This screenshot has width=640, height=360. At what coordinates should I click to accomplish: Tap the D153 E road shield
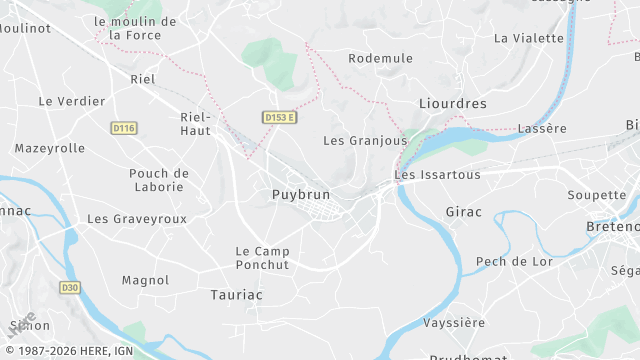tap(281, 118)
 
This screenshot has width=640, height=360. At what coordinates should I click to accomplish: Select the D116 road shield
tap(124, 128)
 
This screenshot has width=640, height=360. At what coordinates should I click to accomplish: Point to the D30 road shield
tap(69, 288)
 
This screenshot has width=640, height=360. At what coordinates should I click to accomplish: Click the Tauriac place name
tap(237, 295)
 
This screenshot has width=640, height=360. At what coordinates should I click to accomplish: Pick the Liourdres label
tap(452, 103)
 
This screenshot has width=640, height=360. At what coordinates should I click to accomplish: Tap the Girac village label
tap(463, 212)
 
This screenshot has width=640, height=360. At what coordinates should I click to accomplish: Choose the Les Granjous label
tap(365, 141)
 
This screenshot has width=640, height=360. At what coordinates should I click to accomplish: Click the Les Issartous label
tap(438, 175)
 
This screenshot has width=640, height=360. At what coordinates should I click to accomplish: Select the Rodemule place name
tap(380, 59)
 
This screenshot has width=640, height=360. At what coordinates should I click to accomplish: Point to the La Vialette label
tap(529, 38)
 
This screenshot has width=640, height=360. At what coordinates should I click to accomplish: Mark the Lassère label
tap(542, 129)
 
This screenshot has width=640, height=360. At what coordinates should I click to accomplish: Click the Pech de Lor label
tap(514, 262)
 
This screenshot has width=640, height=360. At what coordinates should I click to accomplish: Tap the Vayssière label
tap(454, 323)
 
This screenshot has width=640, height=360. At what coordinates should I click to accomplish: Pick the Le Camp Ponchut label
tap(262, 258)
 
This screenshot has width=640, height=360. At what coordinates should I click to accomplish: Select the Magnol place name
tap(145, 281)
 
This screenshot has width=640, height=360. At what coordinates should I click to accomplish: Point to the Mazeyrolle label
tap(49, 148)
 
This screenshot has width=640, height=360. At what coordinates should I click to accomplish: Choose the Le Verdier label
tap(72, 101)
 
